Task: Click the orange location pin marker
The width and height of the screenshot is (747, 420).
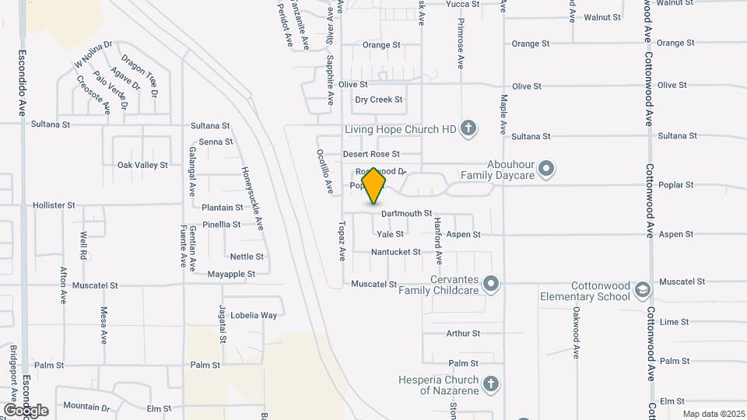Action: tap(374, 185)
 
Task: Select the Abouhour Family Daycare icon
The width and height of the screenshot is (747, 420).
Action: tap(546, 169)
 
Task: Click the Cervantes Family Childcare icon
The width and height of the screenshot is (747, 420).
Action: tap(491, 284)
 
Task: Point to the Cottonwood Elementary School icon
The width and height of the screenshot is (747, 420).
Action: tap(643, 290)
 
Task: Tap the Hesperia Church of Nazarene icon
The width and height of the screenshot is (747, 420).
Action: tap(490, 383)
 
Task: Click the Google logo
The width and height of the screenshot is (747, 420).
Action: tap(26, 410)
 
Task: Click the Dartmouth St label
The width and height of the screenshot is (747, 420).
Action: tap(406, 213)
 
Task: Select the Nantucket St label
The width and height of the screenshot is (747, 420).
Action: tap(395, 252)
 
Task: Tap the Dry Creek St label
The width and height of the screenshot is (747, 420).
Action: tap(379, 100)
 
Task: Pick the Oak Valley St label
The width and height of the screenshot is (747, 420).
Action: tap(142, 165)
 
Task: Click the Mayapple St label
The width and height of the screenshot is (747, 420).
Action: tap(231, 274)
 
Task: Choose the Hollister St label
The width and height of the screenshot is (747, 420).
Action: tap(54, 205)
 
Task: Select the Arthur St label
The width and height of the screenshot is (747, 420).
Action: tap(463, 334)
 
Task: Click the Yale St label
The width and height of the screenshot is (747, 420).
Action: tap(390, 234)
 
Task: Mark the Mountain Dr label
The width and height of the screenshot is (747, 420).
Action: tap(86, 406)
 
